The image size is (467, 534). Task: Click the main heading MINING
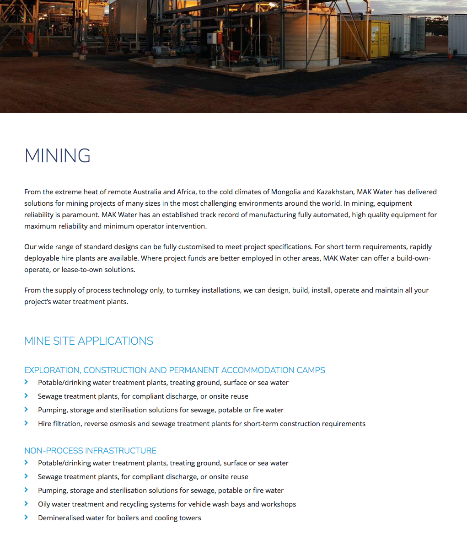(57, 155)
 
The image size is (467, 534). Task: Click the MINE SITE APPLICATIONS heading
(89, 341)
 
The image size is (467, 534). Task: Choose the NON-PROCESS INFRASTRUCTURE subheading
(90, 451)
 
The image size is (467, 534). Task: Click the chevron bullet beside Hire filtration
(27, 423)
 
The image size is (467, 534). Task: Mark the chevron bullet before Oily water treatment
(27, 504)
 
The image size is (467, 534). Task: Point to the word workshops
(278, 504)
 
